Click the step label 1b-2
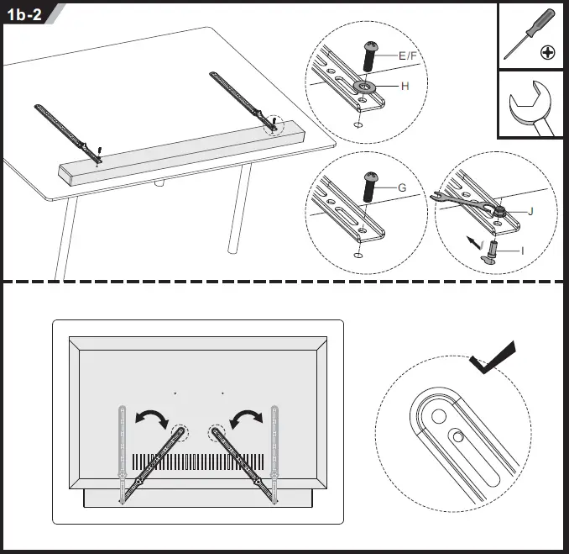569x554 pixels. (x=25, y=14)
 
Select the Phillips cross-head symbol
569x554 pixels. (x=547, y=53)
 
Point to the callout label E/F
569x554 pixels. (x=412, y=55)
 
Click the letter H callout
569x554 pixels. (x=405, y=87)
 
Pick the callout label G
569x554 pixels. (x=402, y=187)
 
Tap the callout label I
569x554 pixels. (x=523, y=251)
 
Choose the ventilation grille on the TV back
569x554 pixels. (x=198, y=463)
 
